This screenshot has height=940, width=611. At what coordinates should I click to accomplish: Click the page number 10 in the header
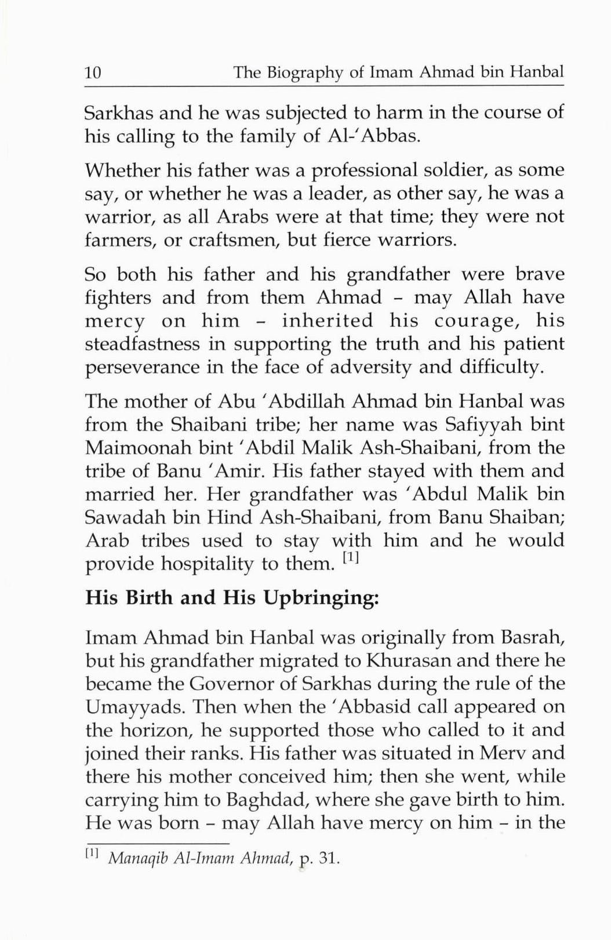93,73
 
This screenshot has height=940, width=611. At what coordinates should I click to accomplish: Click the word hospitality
194,564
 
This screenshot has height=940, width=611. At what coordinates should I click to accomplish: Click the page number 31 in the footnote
328,858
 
